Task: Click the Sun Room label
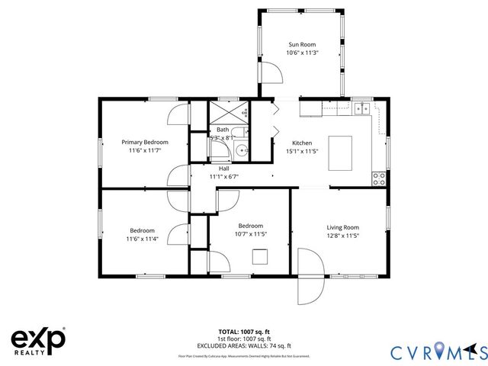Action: (303, 45)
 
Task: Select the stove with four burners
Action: (378, 178)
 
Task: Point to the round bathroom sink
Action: (242, 150)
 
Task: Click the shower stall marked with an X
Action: (229, 114)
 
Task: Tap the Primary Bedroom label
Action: (145, 142)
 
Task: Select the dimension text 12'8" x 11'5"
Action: (342, 236)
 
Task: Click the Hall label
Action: (224, 169)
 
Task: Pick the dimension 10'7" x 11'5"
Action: (251, 234)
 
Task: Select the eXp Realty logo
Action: (38, 340)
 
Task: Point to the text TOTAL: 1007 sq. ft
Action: (244, 332)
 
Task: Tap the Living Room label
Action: (342, 227)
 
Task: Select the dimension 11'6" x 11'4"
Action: (142, 239)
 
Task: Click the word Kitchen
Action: (303, 143)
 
